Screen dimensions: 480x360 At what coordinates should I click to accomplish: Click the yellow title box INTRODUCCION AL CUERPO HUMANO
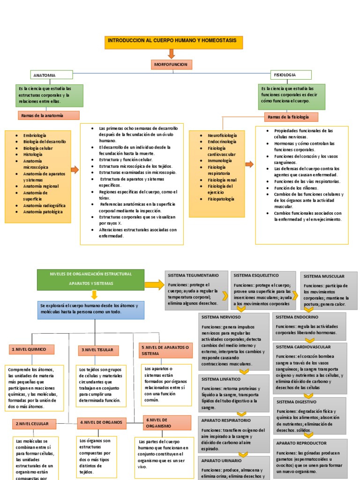(173, 42)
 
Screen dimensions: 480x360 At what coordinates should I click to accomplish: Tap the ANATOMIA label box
(52, 75)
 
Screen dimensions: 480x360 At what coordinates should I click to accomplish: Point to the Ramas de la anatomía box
(49, 115)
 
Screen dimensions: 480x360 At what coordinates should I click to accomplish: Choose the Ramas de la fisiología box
(291, 117)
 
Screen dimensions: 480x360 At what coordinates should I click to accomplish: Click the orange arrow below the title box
(171, 53)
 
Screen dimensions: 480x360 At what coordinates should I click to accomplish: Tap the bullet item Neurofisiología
(222, 135)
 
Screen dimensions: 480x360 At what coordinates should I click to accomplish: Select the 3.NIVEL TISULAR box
(98, 350)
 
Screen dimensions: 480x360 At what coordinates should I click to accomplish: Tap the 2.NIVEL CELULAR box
(34, 424)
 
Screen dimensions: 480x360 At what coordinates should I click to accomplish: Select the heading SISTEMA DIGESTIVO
(296, 402)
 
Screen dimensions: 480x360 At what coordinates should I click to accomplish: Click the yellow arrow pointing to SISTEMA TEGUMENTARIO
(154, 284)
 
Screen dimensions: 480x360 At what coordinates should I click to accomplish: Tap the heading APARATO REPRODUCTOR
(301, 443)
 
